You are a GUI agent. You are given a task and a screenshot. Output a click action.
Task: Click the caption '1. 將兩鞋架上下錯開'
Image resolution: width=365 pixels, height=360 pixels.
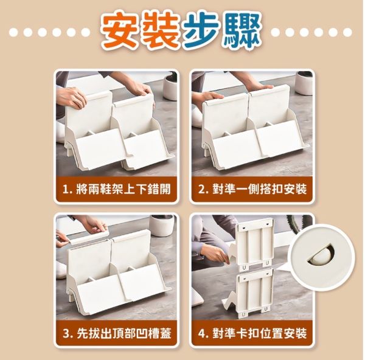pos(116,189)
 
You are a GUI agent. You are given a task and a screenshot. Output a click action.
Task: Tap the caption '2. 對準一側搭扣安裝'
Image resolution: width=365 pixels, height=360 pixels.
pos(252,189)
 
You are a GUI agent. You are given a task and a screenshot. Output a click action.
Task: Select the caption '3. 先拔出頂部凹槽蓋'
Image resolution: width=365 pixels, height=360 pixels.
pos(116,333)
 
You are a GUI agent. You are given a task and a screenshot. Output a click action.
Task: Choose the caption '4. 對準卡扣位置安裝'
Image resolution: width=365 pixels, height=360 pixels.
pos(252,333)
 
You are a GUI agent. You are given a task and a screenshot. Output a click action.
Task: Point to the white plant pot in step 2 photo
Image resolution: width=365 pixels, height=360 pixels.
pos(304,83)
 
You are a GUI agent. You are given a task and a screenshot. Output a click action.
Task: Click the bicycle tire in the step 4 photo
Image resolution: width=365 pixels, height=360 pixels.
pos(299,223)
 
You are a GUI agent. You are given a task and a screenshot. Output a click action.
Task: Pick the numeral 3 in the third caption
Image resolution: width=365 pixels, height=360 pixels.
pos(66,333)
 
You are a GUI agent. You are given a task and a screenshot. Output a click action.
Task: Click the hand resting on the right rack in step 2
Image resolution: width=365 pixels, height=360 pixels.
pos(263,88)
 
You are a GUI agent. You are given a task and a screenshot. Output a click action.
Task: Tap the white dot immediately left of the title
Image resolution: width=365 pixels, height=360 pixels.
pos(85,32)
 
